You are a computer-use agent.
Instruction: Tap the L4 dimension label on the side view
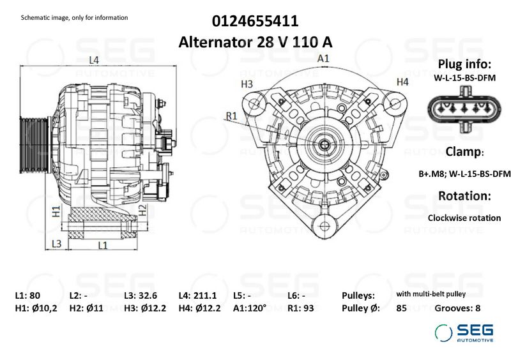tap(94, 61)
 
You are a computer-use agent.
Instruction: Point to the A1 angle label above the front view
tap(324, 58)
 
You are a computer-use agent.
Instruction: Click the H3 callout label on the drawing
tap(247, 84)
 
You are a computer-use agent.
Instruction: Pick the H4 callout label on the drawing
tap(402, 82)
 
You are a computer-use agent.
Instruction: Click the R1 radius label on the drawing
tap(231, 116)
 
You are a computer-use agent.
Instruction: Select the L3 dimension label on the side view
tap(56, 243)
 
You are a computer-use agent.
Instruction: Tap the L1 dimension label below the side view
tap(102, 244)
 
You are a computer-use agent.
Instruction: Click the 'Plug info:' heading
tap(464, 64)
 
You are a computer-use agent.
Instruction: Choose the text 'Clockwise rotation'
tap(464, 218)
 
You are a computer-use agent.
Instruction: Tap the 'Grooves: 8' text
tap(457, 308)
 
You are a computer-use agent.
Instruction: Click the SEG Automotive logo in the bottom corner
tap(464, 333)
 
